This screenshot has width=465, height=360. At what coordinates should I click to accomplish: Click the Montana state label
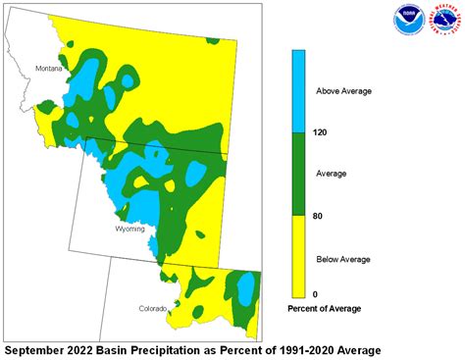tap(48, 69)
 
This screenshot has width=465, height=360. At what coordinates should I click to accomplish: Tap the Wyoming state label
tap(130, 229)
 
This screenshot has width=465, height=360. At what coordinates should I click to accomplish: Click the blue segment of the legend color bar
tap(300, 91)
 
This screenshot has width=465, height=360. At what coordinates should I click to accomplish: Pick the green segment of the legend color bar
tap(300, 174)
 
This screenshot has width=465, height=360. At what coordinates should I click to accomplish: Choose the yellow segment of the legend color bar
tap(300, 256)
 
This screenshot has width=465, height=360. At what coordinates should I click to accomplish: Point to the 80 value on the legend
tap(317, 215)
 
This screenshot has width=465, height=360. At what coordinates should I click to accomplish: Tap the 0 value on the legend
tap(314, 294)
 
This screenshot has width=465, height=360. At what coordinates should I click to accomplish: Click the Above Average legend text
tap(343, 91)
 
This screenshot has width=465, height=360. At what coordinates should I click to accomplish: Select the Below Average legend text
tap(343, 259)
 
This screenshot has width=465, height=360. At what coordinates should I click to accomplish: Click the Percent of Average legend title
tap(324, 309)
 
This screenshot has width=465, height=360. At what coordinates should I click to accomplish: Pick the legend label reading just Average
tap(333, 173)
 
